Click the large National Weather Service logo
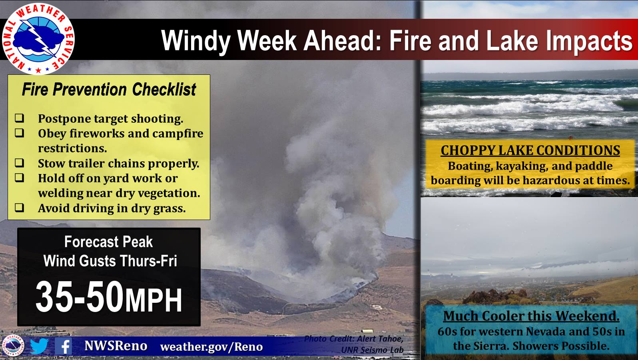click(38, 38)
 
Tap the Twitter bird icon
click(39, 346)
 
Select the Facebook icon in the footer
click(63, 346)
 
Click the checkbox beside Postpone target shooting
click(19, 118)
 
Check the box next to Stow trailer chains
click(19, 163)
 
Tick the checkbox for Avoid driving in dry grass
click(19, 208)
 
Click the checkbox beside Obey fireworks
click(19, 133)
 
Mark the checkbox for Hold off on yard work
click(19, 178)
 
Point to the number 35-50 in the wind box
click(80, 297)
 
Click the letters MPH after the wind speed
click(154, 300)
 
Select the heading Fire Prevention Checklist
click(109, 90)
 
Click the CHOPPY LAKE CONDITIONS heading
click(530, 150)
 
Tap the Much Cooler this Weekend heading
click(531, 316)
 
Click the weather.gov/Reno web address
click(211, 347)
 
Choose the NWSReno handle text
click(116, 346)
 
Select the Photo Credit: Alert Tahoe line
click(354, 339)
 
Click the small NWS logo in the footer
click(13, 346)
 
